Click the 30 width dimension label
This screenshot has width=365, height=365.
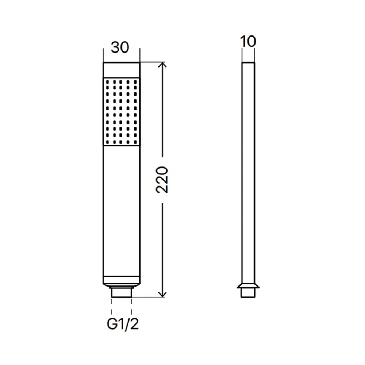120,47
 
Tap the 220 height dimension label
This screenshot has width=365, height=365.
162,180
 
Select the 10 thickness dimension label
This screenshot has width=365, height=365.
248,42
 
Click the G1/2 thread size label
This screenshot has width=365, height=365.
123,324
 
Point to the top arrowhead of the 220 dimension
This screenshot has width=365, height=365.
162,65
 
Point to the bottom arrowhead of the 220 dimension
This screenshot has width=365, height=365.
162,295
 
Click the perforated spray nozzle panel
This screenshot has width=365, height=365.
122,112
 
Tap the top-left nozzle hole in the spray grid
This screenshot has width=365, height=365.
107,82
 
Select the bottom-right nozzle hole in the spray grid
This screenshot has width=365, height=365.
135,142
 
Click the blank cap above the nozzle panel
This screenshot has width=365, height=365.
122,70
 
